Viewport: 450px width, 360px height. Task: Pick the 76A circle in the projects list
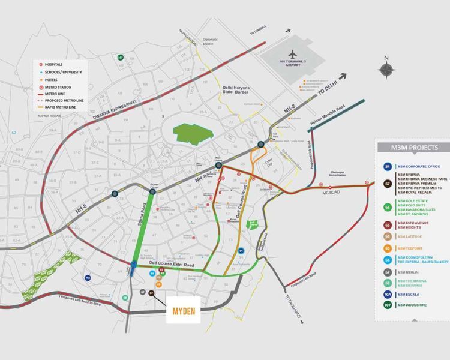(x=387, y=294)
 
